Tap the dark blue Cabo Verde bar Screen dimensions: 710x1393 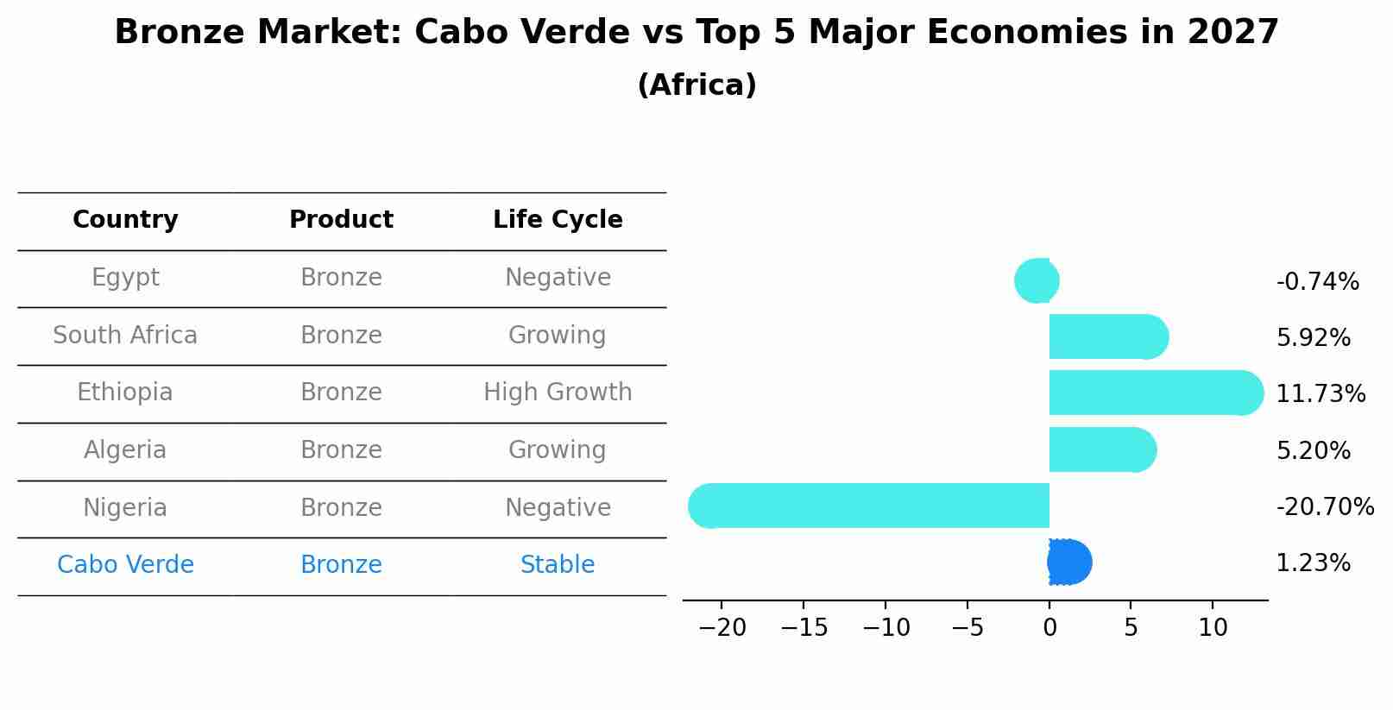click(x=1069, y=562)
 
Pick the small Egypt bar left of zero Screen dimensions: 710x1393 click(x=1037, y=280)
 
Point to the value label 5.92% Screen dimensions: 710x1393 click(x=1313, y=337)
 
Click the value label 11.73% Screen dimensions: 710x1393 click(x=1321, y=394)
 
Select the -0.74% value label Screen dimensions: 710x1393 click(x=1317, y=281)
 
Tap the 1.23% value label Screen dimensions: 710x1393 click(x=1313, y=563)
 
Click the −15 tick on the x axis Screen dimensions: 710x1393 click(x=804, y=628)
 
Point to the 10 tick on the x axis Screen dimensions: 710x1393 click(x=1213, y=628)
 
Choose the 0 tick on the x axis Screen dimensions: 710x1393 click(x=1049, y=628)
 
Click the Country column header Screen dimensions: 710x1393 click(x=125, y=220)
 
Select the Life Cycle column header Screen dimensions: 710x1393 click(x=558, y=220)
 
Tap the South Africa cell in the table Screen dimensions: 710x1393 click(x=125, y=335)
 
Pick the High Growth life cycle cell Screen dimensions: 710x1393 click(x=558, y=393)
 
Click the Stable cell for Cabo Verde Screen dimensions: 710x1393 click(x=558, y=565)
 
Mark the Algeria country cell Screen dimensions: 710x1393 click(x=125, y=450)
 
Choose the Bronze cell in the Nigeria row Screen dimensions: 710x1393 click(x=341, y=507)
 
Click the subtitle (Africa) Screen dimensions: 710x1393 click(x=696, y=85)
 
